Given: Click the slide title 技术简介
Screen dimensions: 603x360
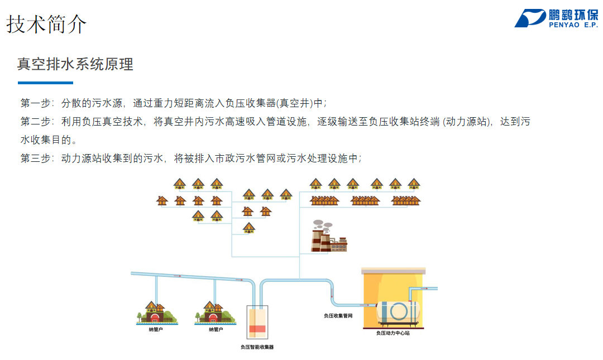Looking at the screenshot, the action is pyautogui.click(x=46, y=24).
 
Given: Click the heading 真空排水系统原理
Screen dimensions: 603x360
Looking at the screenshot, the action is pyautogui.click(x=75, y=64).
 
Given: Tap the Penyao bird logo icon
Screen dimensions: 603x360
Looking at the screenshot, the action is pyautogui.click(x=530, y=18).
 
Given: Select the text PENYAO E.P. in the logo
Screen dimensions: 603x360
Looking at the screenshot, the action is pyautogui.click(x=573, y=25).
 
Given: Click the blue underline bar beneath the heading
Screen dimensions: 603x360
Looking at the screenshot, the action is pyautogui.click(x=45, y=83).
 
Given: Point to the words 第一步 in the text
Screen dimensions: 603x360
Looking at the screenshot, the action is pyautogui.click(x=35, y=103).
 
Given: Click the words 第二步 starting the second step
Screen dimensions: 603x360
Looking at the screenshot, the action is pyautogui.click(x=35, y=122).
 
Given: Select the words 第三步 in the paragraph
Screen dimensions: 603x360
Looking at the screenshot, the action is pyautogui.click(x=35, y=158).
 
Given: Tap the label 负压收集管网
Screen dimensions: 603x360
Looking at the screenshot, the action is pyautogui.click(x=338, y=316).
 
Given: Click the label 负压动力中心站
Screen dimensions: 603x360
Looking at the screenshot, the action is pyautogui.click(x=393, y=333).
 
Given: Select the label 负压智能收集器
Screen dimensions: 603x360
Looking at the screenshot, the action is pyautogui.click(x=257, y=347).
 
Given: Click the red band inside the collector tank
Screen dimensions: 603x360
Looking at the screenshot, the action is pyautogui.click(x=257, y=329).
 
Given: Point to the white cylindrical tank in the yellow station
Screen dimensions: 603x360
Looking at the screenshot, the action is pyautogui.click(x=398, y=311).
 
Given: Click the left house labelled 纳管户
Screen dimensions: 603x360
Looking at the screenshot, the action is pyautogui.click(x=156, y=313).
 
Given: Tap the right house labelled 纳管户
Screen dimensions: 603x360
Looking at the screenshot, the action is pyautogui.click(x=214, y=313).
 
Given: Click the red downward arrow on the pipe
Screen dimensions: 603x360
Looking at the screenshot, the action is pyautogui.click(x=332, y=295).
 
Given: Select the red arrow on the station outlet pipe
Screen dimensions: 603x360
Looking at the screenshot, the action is pyautogui.click(x=424, y=288).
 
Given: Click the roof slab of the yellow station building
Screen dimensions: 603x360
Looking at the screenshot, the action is pyautogui.click(x=394, y=271).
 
